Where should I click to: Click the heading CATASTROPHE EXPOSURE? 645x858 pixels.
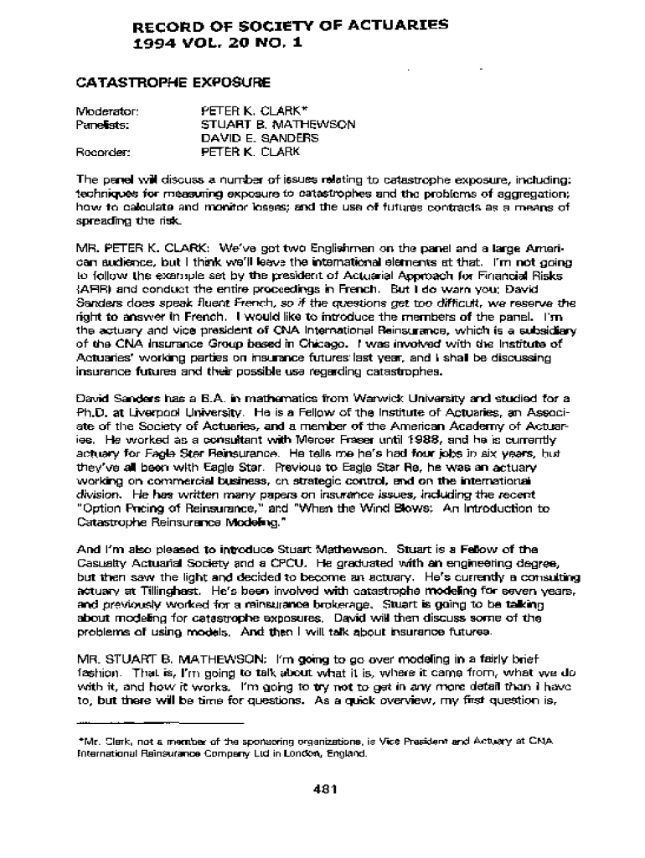point(173,83)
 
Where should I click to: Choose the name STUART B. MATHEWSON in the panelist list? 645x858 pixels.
point(277,124)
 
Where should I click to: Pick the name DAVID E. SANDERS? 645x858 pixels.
point(259,138)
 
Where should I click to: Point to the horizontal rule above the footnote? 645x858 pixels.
point(160,721)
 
